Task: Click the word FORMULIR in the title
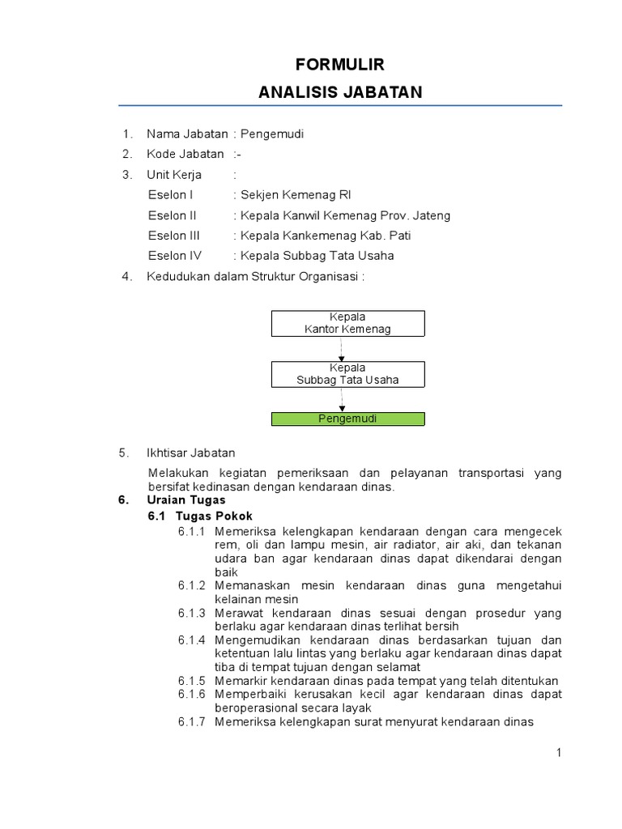[x=340, y=65]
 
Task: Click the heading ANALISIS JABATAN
[x=340, y=92]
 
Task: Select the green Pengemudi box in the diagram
[x=347, y=419]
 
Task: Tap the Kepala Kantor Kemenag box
[x=347, y=323]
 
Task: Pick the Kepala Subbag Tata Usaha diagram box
[x=347, y=373]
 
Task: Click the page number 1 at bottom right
[x=558, y=753]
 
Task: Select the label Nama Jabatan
[x=187, y=134]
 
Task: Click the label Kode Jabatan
[x=185, y=154]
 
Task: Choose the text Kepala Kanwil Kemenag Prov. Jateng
[x=345, y=215]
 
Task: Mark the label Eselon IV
[x=174, y=256]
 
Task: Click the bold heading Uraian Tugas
[x=186, y=500]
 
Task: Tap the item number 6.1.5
[x=193, y=681]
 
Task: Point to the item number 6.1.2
[x=193, y=585]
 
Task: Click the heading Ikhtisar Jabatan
[x=190, y=453]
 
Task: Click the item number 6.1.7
[x=193, y=722]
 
